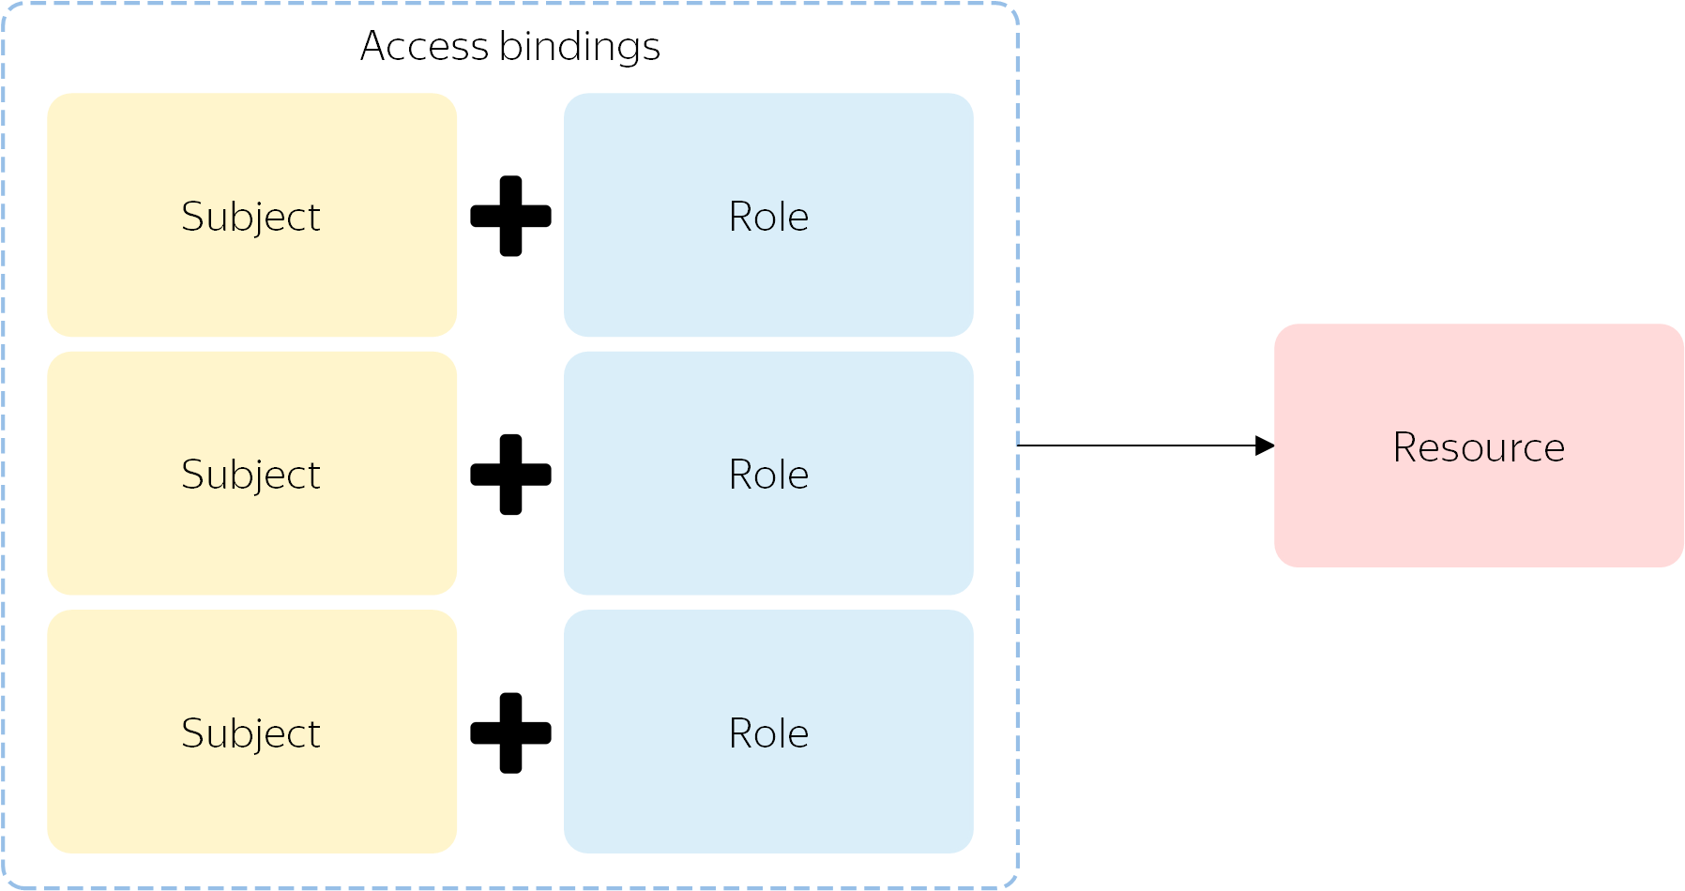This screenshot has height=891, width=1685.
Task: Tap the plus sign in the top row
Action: coord(510,216)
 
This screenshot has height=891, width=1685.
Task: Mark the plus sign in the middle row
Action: coord(510,475)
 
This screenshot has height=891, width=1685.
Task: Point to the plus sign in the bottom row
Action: coord(510,733)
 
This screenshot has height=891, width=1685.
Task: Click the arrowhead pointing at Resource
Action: coord(1265,445)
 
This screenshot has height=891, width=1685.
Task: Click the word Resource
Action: coord(1479,447)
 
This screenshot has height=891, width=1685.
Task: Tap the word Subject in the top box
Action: coord(250,218)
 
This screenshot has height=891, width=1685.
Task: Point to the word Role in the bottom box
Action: coord(768,733)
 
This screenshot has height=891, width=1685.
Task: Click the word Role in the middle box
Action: coord(768,475)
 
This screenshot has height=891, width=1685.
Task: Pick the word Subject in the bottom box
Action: coord(250,734)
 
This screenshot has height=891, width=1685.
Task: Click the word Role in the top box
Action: coord(768,217)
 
